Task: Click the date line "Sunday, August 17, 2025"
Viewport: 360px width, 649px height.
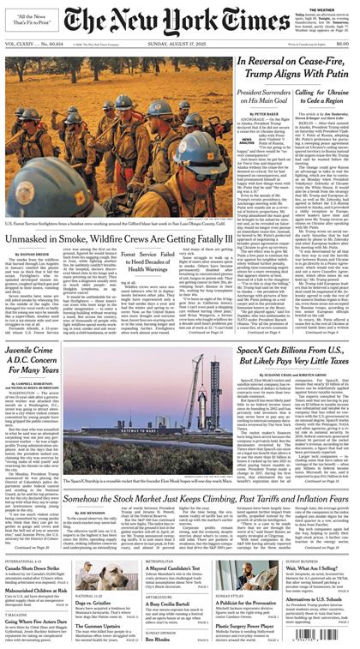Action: [180, 43]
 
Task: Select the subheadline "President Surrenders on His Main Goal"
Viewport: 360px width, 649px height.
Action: [263, 100]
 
